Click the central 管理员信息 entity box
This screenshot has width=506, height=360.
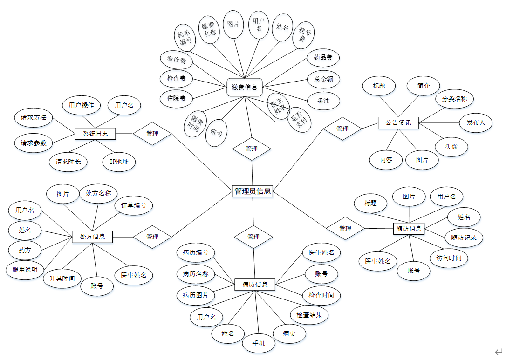(253, 191)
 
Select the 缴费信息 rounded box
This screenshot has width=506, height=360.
(245, 87)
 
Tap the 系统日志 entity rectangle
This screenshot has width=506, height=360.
(95, 134)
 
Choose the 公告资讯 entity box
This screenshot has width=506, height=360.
(398, 123)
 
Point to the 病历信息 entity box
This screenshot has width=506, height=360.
(255, 284)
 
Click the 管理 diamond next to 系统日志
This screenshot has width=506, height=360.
(152, 134)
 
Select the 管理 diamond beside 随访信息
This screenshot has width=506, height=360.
(345, 228)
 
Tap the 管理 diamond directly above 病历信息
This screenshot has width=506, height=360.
(253, 237)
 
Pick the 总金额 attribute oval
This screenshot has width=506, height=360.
(323, 79)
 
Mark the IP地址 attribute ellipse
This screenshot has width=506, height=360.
(119, 162)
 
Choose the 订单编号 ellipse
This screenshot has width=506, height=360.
(134, 205)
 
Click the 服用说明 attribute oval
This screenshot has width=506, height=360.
(25, 270)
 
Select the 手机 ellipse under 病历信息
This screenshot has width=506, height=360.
(259, 343)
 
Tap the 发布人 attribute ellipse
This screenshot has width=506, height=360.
(476, 123)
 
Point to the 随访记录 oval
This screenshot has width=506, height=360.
(464, 237)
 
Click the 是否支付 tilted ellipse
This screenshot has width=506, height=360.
(299, 120)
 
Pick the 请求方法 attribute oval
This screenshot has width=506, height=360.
(33, 118)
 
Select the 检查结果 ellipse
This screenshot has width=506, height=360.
(309, 315)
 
